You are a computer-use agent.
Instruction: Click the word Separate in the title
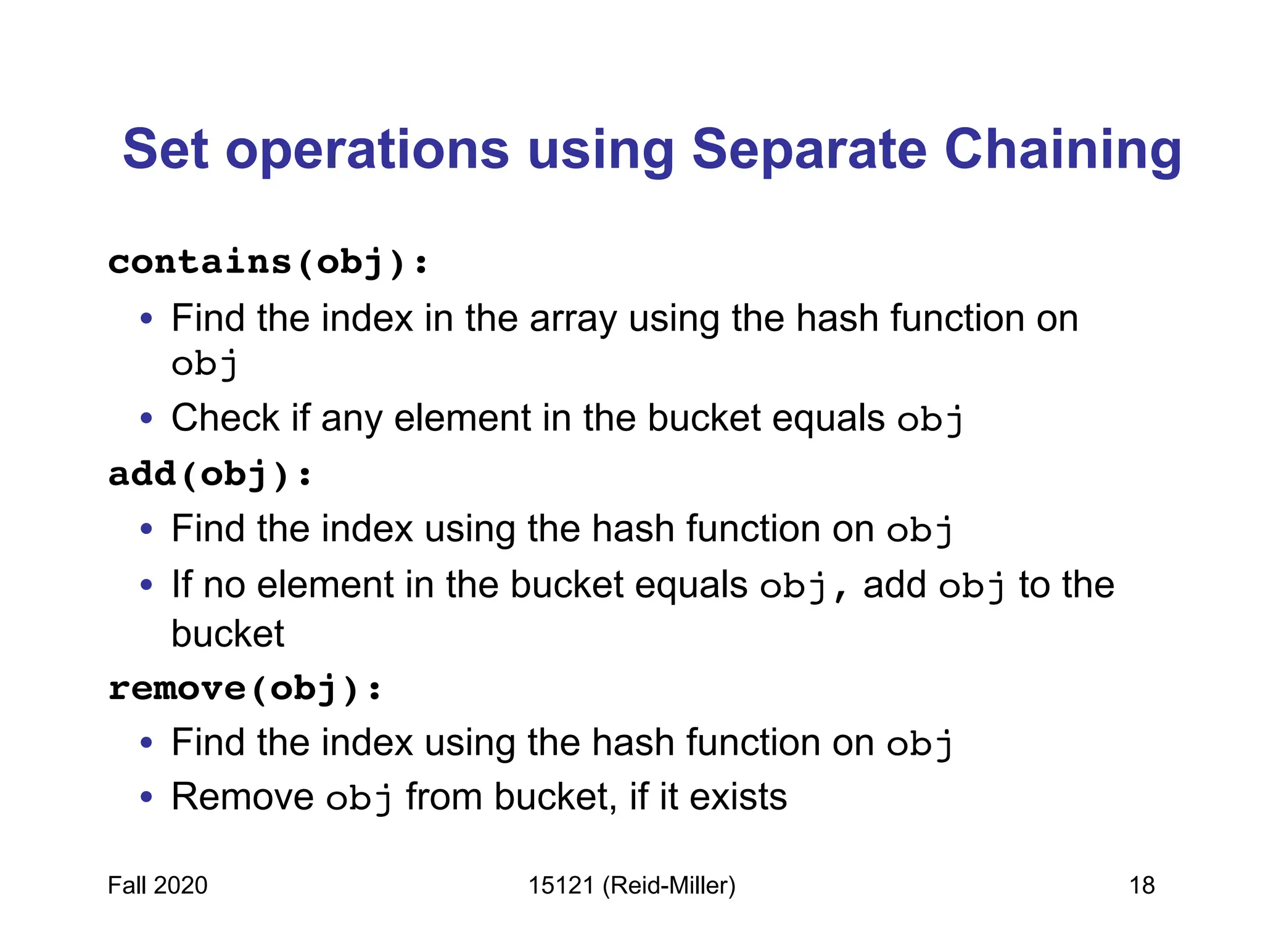click(x=808, y=149)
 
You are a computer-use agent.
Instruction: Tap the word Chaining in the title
click(x=1063, y=149)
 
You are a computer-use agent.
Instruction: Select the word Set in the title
click(x=165, y=149)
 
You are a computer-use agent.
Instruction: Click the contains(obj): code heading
click(x=268, y=263)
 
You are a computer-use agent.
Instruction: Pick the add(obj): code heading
click(x=210, y=475)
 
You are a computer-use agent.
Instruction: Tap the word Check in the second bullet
click(x=225, y=418)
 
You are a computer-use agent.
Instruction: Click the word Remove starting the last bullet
click(x=242, y=797)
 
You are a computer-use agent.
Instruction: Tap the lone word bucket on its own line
click(x=228, y=634)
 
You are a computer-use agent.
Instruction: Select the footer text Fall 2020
click(x=157, y=885)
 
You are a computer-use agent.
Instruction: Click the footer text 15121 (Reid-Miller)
click(x=631, y=885)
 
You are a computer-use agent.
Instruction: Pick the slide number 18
click(x=1142, y=885)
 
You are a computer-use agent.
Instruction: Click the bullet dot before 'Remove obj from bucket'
click(x=146, y=797)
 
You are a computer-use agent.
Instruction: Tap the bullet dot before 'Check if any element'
click(x=146, y=419)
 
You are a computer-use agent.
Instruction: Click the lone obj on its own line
click(x=204, y=364)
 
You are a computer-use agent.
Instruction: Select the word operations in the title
click(x=367, y=149)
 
